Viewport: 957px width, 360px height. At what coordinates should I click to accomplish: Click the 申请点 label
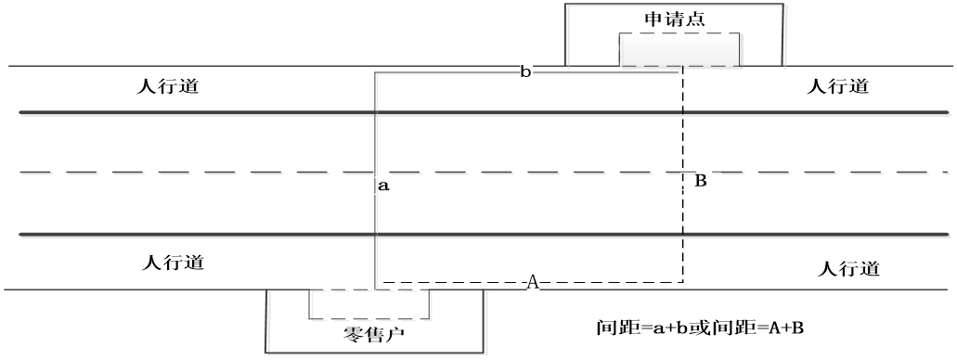click(675, 19)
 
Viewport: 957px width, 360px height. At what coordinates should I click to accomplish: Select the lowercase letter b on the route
click(525, 72)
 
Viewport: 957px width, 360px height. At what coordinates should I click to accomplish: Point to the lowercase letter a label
click(383, 186)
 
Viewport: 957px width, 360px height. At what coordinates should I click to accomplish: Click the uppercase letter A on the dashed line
click(533, 282)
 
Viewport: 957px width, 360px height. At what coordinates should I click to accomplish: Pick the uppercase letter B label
click(701, 181)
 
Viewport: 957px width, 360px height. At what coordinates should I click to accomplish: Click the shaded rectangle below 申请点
click(679, 49)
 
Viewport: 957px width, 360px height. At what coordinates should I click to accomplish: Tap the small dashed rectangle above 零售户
click(369, 303)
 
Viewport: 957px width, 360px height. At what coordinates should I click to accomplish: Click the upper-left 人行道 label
click(167, 86)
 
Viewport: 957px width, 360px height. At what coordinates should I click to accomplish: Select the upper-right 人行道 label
click(837, 86)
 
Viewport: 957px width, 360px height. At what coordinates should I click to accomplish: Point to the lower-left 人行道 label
click(174, 263)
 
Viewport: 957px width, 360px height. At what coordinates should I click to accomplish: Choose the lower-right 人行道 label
click(848, 268)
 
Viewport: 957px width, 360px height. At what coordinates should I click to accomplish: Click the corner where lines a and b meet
click(375, 72)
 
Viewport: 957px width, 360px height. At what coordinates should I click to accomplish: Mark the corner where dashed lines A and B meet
click(682, 282)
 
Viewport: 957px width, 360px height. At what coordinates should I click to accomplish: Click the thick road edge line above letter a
click(484, 112)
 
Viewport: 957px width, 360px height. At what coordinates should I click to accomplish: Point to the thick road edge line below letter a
click(484, 235)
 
